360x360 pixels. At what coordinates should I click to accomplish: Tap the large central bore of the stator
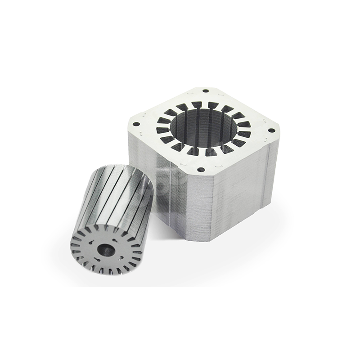[x=203, y=128]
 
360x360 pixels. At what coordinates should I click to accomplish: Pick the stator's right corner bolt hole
[x=271, y=130]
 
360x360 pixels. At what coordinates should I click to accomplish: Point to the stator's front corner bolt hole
[x=201, y=170]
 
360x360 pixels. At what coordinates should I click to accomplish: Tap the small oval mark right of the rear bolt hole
[x=220, y=94]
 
